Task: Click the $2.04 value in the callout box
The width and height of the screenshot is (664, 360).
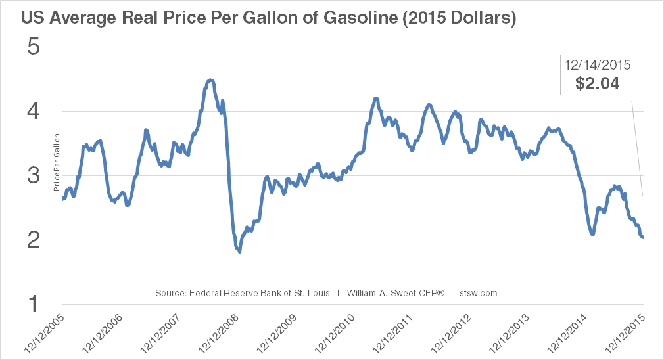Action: tap(598, 83)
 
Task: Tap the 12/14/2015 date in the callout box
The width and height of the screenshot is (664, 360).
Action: tap(598, 65)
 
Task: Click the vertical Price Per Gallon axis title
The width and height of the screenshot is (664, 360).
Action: tap(57, 160)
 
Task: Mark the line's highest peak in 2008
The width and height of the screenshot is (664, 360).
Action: tap(210, 80)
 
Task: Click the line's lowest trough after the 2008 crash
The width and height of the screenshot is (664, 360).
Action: tap(239, 251)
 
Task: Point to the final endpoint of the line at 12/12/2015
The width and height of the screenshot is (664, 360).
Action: tap(642, 238)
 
